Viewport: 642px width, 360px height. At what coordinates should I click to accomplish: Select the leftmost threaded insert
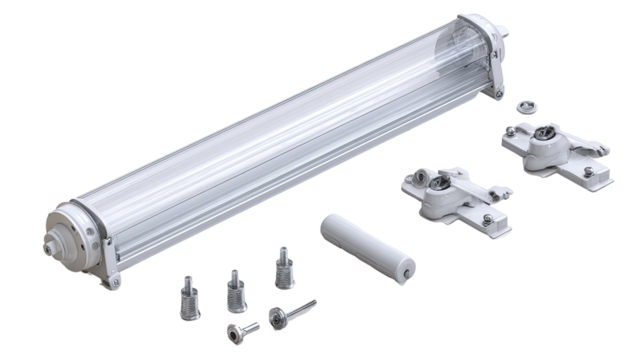[x=187, y=293]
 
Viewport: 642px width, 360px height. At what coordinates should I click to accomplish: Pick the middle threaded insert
[x=235, y=288]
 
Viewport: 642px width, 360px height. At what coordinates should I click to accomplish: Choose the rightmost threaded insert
[x=281, y=268]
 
